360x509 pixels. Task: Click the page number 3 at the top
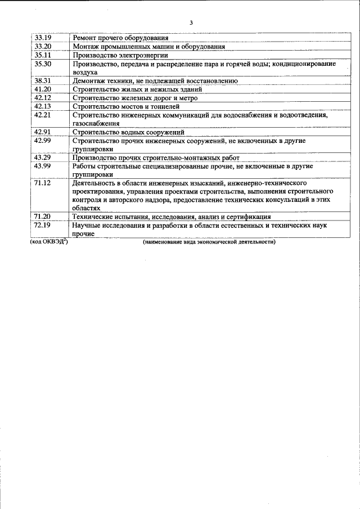click(191, 23)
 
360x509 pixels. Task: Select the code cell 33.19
click(43, 38)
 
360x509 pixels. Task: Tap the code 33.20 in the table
click(43, 46)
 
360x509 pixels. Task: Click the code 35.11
click(43, 55)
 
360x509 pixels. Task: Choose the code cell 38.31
click(43, 80)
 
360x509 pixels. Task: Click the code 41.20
click(43, 89)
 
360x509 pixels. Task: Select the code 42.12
click(43, 97)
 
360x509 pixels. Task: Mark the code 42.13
click(43, 106)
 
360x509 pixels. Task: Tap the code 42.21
click(43, 115)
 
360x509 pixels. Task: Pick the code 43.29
click(43, 157)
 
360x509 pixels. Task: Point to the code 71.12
click(43, 183)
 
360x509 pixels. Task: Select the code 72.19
click(43, 225)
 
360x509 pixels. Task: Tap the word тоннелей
click(164, 106)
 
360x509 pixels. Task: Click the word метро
click(187, 98)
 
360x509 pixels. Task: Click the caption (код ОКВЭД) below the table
click(49, 242)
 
